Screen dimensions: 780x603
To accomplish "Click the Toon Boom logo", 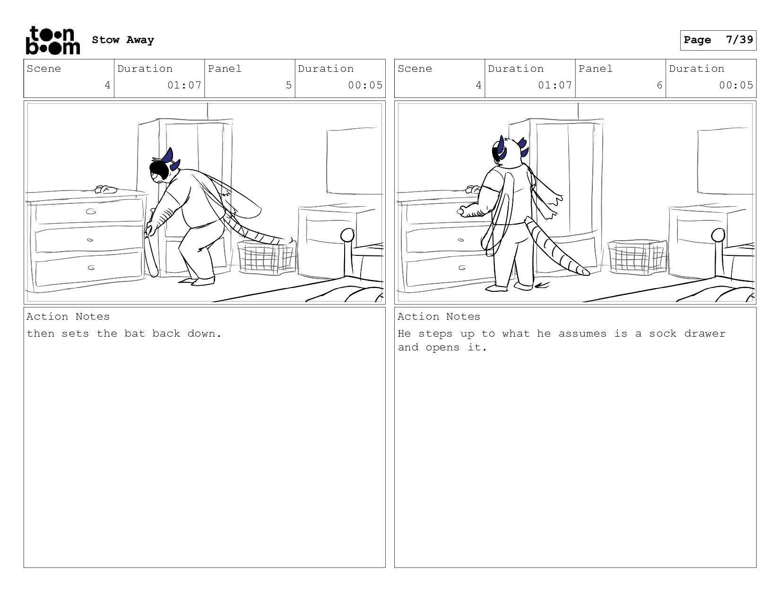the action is click(53, 40).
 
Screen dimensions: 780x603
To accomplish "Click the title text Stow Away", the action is click(123, 40).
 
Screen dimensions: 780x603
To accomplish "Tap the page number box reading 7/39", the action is click(718, 40).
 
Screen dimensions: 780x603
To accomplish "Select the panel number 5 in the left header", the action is click(288, 85).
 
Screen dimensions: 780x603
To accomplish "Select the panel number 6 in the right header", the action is click(659, 85).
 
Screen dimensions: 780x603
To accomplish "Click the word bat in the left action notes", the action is click(135, 333).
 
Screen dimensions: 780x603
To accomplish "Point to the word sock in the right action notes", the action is click(663, 333).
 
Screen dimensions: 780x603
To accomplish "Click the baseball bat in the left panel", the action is click(151, 244).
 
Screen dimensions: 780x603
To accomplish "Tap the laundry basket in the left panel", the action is click(267, 257).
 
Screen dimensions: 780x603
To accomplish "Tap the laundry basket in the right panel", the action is click(638, 257).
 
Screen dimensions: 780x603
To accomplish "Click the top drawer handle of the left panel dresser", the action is click(91, 211).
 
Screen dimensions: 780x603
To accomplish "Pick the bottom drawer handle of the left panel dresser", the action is click(91, 268).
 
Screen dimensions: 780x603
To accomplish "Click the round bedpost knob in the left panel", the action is click(347, 236).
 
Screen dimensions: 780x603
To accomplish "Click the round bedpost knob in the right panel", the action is click(718, 236).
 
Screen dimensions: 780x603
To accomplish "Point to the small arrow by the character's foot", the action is click(542, 286).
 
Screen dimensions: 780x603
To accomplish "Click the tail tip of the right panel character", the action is click(585, 273).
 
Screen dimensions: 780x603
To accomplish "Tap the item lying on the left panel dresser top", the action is click(106, 190).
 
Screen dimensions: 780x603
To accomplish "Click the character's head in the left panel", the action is click(163, 168).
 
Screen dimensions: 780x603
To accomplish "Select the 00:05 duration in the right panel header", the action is click(736, 85).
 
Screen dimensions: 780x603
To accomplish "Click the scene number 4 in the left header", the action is click(107, 85).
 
